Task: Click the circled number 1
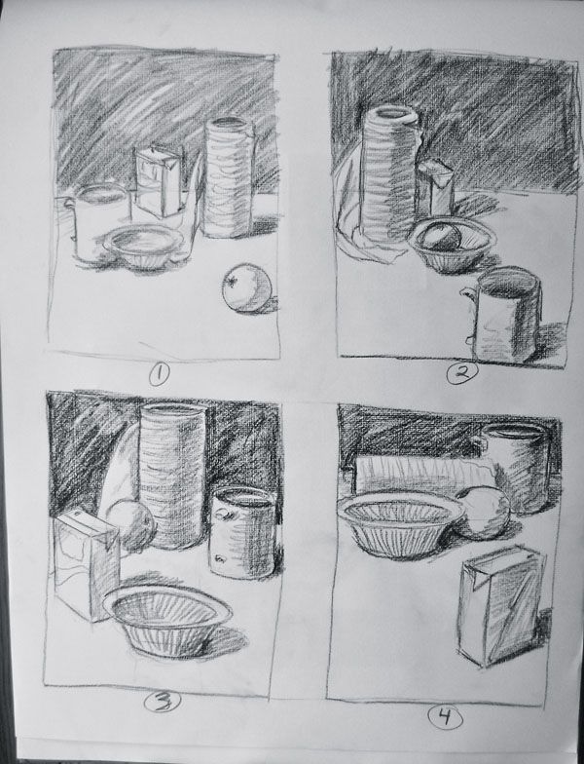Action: click(x=158, y=371)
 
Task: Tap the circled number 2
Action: click(x=458, y=371)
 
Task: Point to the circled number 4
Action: click(x=442, y=718)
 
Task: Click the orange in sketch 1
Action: click(x=245, y=290)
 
